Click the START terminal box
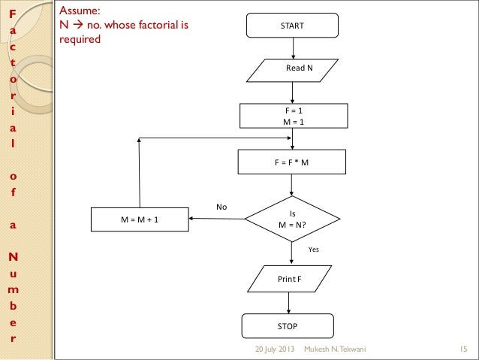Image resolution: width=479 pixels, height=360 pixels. (x=292, y=26)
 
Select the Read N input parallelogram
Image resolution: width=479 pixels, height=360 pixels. (x=293, y=68)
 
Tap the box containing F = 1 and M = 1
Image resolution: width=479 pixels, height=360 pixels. (x=293, y=116)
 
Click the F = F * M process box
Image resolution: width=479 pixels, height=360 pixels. (x=292, y=162)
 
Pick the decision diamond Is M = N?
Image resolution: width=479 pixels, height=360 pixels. (x=292, y=219)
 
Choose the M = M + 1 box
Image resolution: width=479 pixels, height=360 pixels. (x=140, y=219)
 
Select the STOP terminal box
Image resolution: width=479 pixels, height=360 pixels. (x=288, y=326)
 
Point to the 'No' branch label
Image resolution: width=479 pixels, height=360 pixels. (x=221, y=206)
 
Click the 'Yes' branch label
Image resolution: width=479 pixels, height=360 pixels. (x=315, y=247)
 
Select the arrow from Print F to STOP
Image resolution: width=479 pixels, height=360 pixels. (x=289, y=303)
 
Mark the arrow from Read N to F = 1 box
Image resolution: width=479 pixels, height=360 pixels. (x=293, y=93)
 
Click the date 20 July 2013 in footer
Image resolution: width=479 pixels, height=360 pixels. (x=275, y=350)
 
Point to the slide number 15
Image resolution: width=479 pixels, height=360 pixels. (x=462, y=350)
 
